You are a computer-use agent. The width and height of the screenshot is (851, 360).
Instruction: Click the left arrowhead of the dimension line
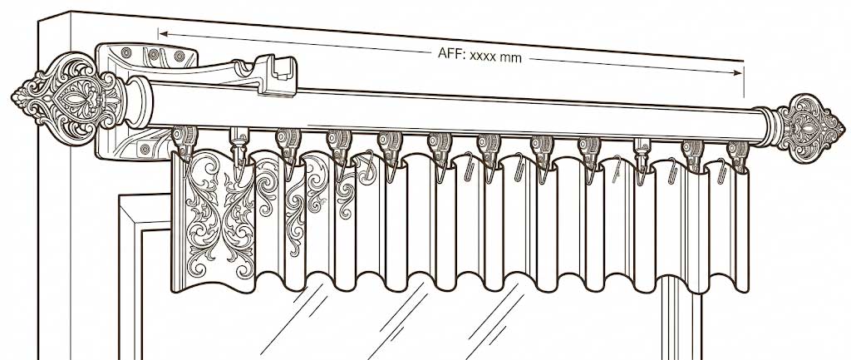[x=163, y=34]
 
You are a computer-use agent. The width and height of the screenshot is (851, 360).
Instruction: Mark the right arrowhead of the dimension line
[x=738, y=73]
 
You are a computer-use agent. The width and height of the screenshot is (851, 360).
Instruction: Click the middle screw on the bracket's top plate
[x=154, y=54]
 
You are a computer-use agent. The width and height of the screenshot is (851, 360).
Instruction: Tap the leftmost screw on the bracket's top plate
[x=126, y=52]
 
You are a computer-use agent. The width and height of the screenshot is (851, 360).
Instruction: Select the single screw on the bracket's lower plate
[x=144, y=148]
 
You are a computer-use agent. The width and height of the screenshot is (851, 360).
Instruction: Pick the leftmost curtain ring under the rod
[x=184, y=141]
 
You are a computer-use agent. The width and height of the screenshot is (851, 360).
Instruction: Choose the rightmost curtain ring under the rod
[x=738, y=155]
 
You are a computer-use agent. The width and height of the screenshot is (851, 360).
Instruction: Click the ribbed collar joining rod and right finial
[x=765, y=127]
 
